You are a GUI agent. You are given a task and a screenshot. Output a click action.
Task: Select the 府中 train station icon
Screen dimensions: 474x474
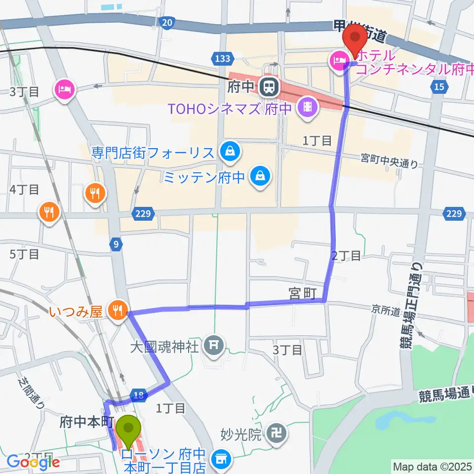(270, 87)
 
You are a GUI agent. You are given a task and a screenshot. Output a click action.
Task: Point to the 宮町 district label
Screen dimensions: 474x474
(302, 293)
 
